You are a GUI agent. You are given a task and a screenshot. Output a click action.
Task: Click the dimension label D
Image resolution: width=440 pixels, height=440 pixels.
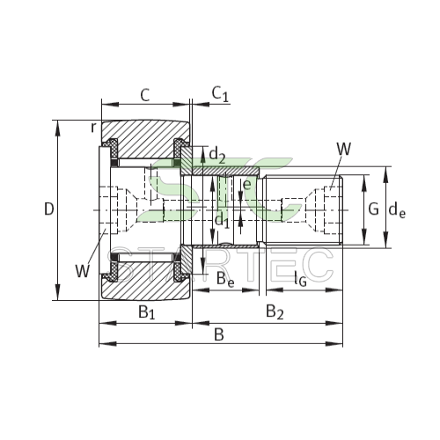tap(49, 209)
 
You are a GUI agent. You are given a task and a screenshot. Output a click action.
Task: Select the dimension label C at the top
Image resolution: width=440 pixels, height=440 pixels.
tap(145, 95)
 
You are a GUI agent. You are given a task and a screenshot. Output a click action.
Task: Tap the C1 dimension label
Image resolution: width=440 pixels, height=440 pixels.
tap(220, 95)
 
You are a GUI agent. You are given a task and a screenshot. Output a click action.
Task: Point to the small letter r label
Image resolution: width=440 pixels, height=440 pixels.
tap(93, 128)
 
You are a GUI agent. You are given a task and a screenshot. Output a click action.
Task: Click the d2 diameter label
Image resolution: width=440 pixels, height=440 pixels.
tap(217, 155)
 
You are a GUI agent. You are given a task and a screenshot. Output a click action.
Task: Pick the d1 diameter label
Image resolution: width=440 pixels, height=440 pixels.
tap(222, 221)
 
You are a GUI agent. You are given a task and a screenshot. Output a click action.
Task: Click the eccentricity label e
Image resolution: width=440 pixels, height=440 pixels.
tap(247, 185)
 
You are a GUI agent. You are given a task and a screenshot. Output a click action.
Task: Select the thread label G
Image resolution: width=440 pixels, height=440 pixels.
tap(373, 209)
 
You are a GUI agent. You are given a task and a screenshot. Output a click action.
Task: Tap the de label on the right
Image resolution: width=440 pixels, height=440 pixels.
tap(397, 210)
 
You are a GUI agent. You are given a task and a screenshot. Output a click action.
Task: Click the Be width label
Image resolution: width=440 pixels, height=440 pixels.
tap(225, 280)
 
